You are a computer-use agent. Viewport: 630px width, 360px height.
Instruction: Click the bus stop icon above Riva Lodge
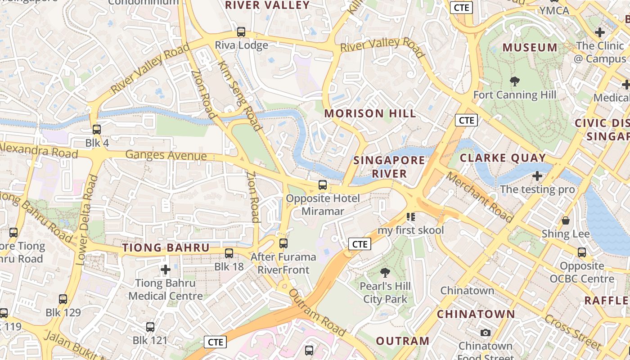(x=241, y=32)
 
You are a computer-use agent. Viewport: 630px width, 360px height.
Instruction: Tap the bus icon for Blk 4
(x=97, y=130)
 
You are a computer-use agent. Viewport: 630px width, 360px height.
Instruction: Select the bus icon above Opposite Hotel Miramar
(x=323, y=184)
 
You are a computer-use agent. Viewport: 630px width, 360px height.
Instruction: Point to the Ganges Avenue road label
(x=166, y=155)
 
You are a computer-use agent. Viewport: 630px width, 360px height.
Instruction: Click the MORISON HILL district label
(x=370, y=113)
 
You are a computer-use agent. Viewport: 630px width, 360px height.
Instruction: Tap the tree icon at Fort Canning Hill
(x=515, y=81)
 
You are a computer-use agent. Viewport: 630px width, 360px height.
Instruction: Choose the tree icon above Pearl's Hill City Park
(x=385, y=272)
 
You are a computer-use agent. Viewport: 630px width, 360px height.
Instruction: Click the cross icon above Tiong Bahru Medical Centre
(x=166, y=270)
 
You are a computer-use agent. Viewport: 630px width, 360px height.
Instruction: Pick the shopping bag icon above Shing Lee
(x=566, y=220)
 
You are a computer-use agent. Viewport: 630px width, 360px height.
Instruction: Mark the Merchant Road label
(x=480, y=197)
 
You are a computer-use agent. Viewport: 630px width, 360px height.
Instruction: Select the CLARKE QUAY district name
(x=503, y=158)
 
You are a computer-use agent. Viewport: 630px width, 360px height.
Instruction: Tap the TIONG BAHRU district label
(x=166, y=248)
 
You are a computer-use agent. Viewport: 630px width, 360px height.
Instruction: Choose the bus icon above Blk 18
(x=229, y=253)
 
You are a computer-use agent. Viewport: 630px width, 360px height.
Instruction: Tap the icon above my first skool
(x=410, y=217)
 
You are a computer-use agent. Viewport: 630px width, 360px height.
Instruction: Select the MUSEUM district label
(x=530, y=48)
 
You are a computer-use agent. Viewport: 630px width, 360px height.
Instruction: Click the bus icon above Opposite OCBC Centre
(x=582, y=252)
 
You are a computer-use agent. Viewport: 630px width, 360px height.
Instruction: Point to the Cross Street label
(x=573, y=332)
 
